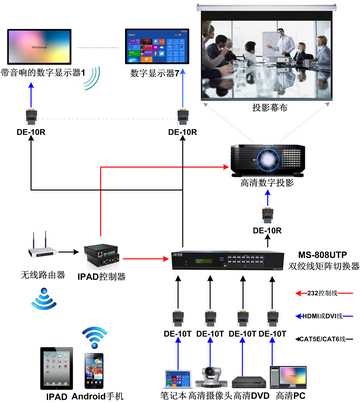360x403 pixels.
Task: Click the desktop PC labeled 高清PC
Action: pyautogui.click(x=289, y=375)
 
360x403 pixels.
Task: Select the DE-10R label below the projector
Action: pyautogui.click(x=267, y=230)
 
